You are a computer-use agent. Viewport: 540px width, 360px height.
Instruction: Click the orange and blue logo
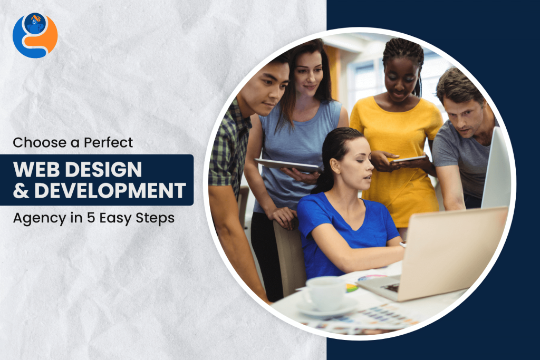[x=35, y=35]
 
